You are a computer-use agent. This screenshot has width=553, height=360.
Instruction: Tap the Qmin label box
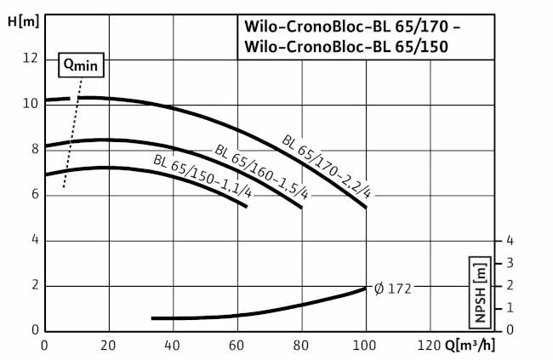[x=77, y=63]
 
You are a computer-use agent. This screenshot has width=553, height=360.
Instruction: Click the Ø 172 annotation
[x=392, y=289]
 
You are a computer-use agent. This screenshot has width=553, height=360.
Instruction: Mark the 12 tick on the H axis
[x=31, y=58]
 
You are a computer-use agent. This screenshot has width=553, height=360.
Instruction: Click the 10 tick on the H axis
[x=31, y=104]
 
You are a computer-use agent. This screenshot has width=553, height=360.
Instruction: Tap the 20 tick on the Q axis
[x=109, y=346]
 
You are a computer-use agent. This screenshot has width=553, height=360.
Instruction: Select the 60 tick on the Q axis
[x=237, y=346]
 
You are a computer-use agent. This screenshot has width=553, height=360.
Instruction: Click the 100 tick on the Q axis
[x=365, y=346]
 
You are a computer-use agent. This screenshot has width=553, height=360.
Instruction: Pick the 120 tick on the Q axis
[x=430, y=346]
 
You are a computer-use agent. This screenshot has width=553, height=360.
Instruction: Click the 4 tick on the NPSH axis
[x=509, y=240]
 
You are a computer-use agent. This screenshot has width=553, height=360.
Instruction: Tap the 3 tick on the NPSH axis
[x=509, y=262]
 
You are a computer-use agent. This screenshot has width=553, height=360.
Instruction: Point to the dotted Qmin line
[x=71, y=136]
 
